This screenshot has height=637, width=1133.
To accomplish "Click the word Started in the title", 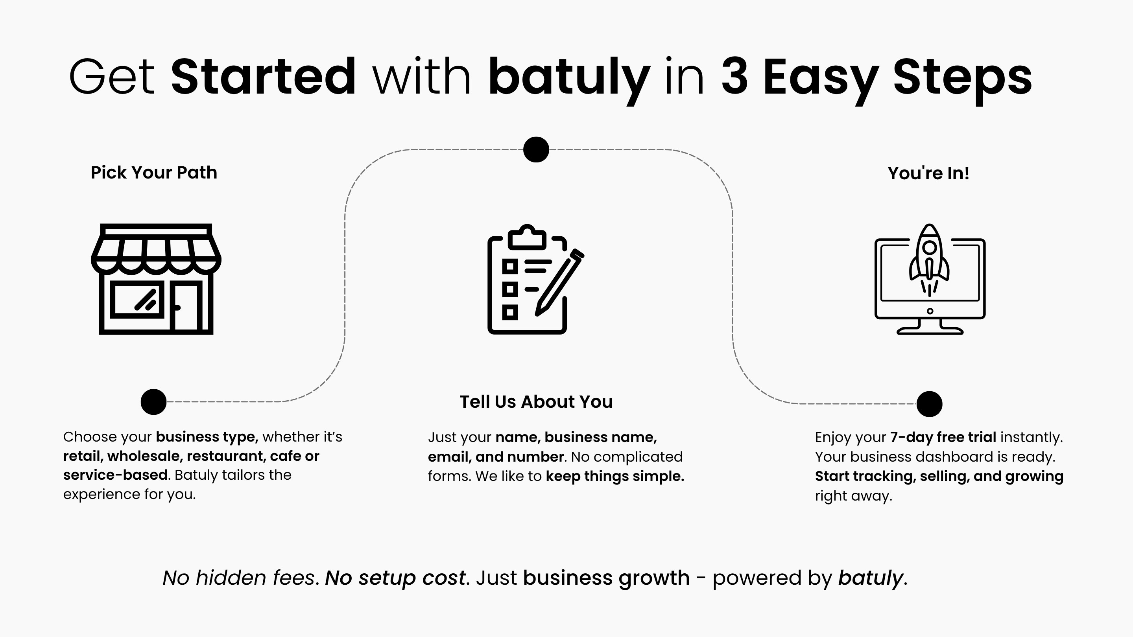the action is (x=263, y=77).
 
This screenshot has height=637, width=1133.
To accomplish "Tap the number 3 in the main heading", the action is (x=735, y=77).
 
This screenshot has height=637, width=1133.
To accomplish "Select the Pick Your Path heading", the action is (x=154, y=173).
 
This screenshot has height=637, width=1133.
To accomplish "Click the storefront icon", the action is (x=156, y=279).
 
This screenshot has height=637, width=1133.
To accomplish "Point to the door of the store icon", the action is (x=186, y=306).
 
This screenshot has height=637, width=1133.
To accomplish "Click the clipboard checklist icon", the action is (x=536, y=279).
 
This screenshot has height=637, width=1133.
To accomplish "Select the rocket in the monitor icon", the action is (x=929, y=260).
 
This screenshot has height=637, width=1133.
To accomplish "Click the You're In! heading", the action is (x=928, y=173).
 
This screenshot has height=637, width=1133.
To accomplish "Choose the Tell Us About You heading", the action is (x=536, y=402).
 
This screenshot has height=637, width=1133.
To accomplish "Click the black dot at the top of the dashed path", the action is (x=536, y=149).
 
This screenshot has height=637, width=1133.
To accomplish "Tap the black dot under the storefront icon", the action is (x=153, y=402).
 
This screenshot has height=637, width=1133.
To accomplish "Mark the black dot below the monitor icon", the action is (x=929, y=403).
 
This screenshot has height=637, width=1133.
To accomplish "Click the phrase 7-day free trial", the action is (x=943, y=437).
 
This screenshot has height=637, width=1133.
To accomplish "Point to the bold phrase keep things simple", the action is (x=615, y=476).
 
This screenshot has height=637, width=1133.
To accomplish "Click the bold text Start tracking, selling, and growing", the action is (x=939, y=476).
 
